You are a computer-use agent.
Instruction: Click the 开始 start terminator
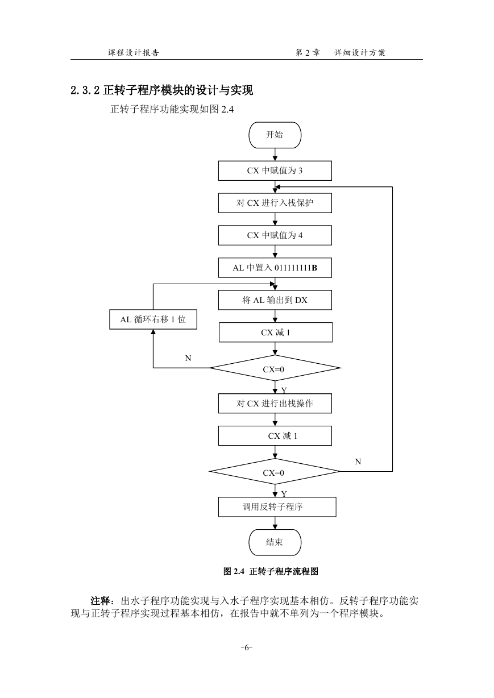coord(275,135)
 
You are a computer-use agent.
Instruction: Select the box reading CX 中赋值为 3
coord(275,171)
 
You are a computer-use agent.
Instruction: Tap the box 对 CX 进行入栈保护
coord(275,203)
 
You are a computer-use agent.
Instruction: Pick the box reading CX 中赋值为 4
coord(275,235)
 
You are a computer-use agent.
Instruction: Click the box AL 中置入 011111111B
coord(275,268)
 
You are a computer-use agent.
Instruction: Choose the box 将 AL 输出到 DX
coord(275,300)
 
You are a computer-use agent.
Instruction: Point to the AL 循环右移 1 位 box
coord(153,319)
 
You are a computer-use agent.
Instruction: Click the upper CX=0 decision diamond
coord(275,368)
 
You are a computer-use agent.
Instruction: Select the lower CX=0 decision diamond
coord(275,471)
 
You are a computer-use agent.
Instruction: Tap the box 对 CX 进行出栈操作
coord(275,404)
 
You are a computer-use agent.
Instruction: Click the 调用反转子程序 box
coord(277,507)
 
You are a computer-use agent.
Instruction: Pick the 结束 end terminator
coord(275,542)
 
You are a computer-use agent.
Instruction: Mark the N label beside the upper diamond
coord(188,358)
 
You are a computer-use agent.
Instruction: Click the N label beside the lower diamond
coord(358,462)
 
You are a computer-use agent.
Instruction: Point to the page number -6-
coord(247,648)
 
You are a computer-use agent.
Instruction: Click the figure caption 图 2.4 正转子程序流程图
coord(271,571)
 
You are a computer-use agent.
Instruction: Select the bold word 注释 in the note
coord(101,601)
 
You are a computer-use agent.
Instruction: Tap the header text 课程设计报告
coord(134,53)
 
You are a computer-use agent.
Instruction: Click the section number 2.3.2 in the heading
coord(85,90)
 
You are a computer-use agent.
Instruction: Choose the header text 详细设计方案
coord(360,53)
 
